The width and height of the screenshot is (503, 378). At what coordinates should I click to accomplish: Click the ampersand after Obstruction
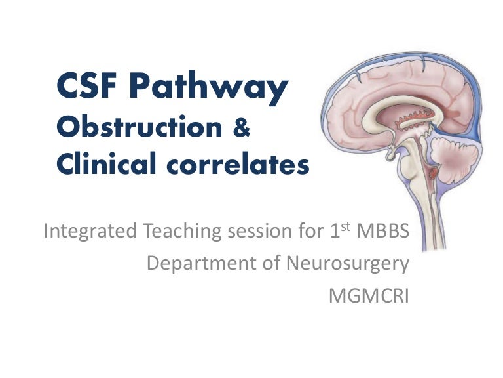pyautogui.click(x=242, y=128)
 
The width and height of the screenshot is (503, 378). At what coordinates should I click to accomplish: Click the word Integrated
pyautogui.click(x=90, y=232)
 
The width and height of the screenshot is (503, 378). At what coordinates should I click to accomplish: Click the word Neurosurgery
pyautogui.click(x=348, y=264)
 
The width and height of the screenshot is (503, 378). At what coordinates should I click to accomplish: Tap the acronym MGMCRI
pyautogui.click(x=369, y=295)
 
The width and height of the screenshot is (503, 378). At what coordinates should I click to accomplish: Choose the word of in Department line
pyautogui.click(x=272, y=264)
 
